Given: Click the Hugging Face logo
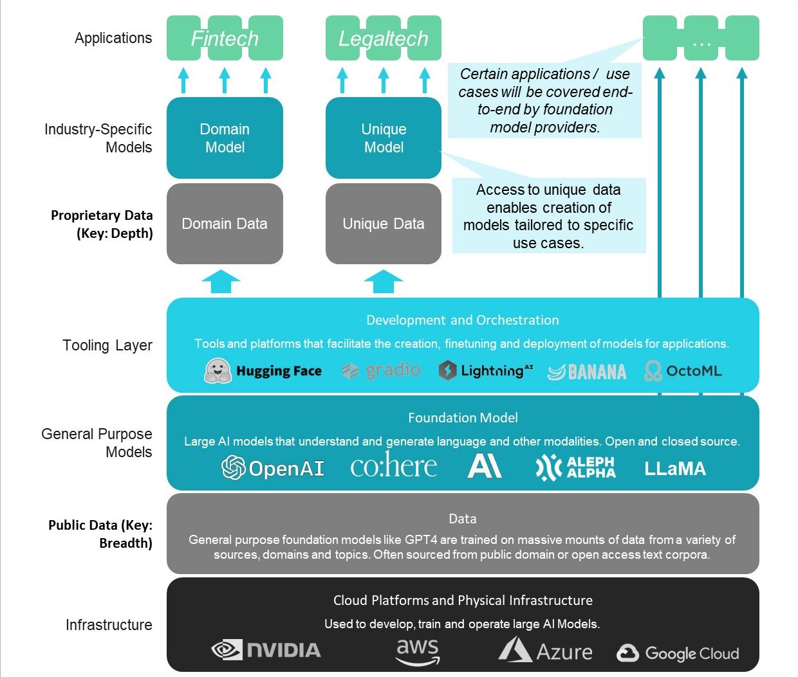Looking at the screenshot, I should (x=263, y=371).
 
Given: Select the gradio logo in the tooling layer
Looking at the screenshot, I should (x=381, y=370).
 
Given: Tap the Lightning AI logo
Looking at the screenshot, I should (x=486, y=370).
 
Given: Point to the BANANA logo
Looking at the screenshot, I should (x=586, y=372).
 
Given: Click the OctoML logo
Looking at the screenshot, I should (x=683, y=371).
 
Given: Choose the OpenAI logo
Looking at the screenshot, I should (x=273, y=468).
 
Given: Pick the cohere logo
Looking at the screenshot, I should (x=393, y=465).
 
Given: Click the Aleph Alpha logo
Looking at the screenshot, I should (x=575, y=467).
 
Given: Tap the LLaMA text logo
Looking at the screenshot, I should (x=675, y=469).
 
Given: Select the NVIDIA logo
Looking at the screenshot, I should (x=266, y=650).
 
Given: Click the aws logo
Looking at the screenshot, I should (x=418, y=651).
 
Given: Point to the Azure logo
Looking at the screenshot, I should (x=545, y=651).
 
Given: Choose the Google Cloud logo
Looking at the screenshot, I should (x=678, y=653).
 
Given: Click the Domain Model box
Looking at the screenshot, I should (x=225, y=138).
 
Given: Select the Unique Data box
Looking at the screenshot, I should (x=384, y=224).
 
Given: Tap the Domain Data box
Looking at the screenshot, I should (x=225, y=224).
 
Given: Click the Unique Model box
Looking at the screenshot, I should (x=384, y=138).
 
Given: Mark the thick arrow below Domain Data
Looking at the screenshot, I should (x=221, y=282).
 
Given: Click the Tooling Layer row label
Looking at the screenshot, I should (x=107, y=345).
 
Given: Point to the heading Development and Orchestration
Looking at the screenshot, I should (x=463, y=320).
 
